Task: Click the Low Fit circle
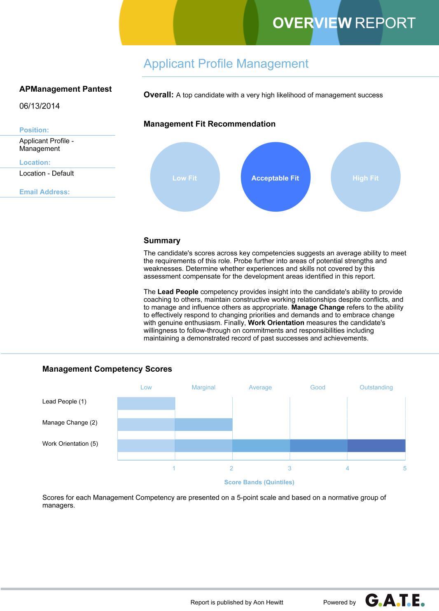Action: coord(184,177)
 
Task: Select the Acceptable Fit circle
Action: coord(275,177)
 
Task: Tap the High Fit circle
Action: coord(365,177)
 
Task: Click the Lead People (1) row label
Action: coord(64,402)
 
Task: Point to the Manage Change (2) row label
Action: coord(70,423)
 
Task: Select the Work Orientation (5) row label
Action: coord(70,444)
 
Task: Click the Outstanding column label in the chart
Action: coord(376,387)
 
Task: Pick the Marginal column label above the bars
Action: coord(203,387)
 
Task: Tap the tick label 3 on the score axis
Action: coord(290,468)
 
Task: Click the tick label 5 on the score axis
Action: coord(405,468)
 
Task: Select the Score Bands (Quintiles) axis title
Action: coord(259,482)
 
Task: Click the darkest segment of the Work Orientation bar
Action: coord(376,446)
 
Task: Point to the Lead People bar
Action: coord(146,403)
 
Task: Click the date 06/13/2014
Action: coord(40,106)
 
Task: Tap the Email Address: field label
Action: coord(44,192)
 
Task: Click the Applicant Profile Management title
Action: coord(226,64)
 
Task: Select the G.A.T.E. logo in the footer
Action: coord(395,601)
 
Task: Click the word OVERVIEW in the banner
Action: coord(312,23)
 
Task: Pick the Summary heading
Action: coord(162,241)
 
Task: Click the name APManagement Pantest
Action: coord(65,89)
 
